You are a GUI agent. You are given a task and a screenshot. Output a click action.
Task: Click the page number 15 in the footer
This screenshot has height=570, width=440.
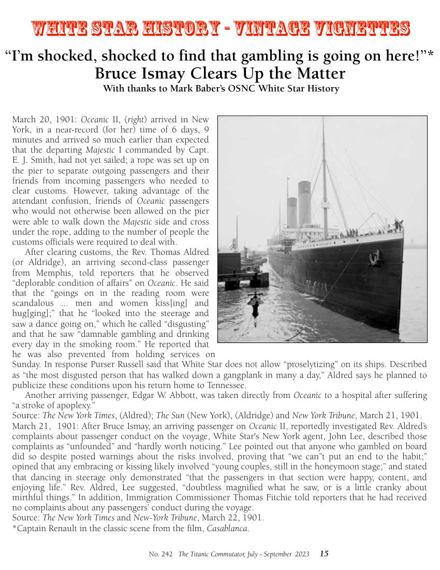324,554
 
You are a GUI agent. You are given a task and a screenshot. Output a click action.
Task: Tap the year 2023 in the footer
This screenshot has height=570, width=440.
303,554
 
